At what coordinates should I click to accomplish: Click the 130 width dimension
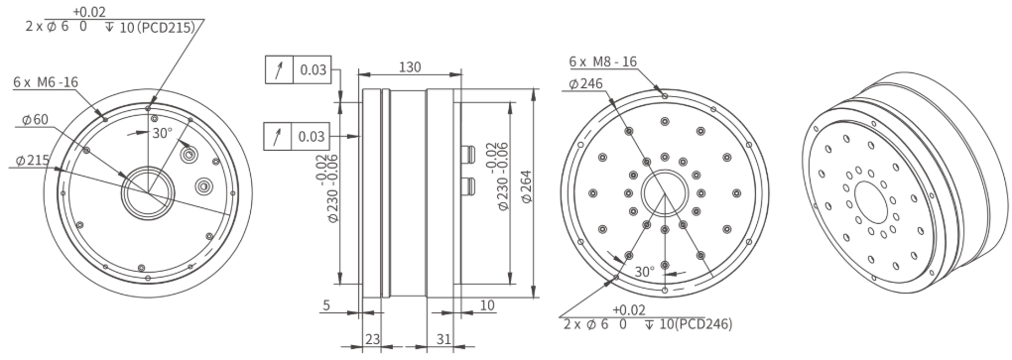click(410, 66)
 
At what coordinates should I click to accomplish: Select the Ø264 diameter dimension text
click(527, 187)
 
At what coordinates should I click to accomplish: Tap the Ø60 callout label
click(36, 119)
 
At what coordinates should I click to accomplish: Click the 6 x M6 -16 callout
click(46, 82)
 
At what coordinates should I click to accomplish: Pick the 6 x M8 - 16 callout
click(603, 61)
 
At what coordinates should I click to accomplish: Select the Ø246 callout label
click(586, 84)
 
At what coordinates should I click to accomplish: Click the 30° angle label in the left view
click(162, 134)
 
